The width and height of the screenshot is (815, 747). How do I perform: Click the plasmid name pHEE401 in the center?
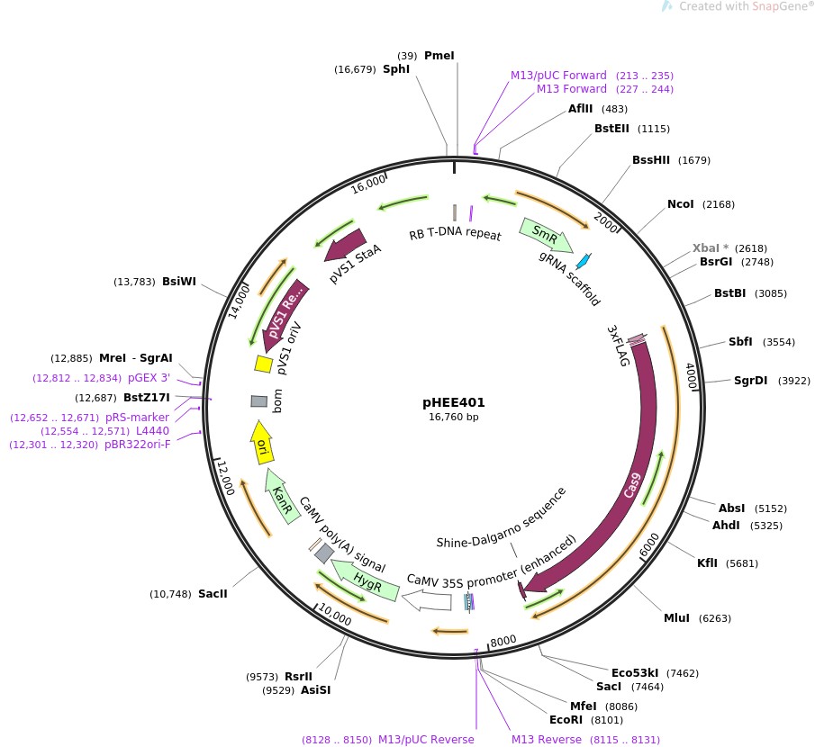(x=454, y=402)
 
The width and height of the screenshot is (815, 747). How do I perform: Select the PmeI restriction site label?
(x=439, y=55)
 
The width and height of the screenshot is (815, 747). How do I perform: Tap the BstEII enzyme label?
(x=611, y=128)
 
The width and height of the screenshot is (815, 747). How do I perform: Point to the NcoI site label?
(x=681, y=204)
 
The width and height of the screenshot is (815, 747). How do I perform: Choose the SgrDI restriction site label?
(x=750, y=380)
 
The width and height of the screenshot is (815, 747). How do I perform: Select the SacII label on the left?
(x=213, y=594)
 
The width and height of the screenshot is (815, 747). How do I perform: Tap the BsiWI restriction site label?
(x=178, y=282)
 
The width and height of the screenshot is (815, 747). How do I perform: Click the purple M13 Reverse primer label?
(x=547, y=739)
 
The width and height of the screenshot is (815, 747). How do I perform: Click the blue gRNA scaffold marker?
(x=584, y=262)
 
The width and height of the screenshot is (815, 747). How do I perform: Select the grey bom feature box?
(x=258, y=400)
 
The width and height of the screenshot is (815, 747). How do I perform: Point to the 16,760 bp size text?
(x=454, y=417)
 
